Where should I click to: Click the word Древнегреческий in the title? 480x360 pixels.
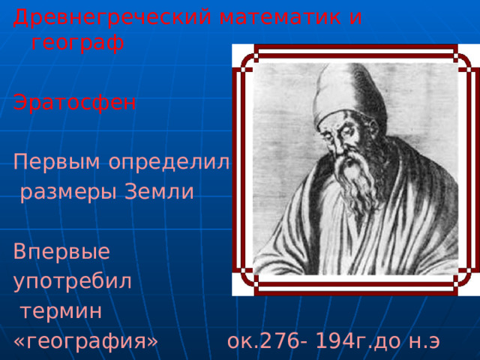pos(112,18)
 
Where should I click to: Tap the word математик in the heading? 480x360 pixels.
pos(280,17)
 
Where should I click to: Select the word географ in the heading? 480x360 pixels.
pos(78,43)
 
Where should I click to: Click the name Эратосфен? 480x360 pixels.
pos(74,103)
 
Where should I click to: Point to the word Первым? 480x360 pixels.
pos(57,162)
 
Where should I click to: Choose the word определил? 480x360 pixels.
pos(169,162)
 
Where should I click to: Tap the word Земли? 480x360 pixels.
pos(159,191)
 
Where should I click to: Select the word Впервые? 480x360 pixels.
pos(61,251)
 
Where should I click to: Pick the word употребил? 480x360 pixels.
pos(73,281)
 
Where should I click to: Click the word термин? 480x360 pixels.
pos(61,311)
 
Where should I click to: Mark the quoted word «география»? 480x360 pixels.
pos(85,340)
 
